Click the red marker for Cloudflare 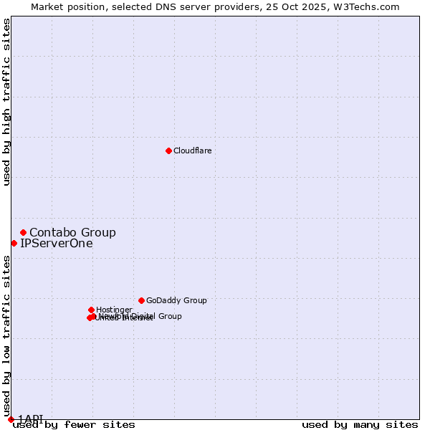pos(168,150)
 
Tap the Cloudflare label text pos(192,150)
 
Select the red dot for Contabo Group pos(23,232)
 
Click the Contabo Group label pos(72,232)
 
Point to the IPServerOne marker pos(14,243)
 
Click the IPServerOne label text pos(56,243)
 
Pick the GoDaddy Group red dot pos(141,300)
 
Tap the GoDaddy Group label pos(176,300)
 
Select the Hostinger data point pos(91,310)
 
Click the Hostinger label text pos(114,310)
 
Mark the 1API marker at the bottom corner pos(11,419)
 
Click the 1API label pos(30,419)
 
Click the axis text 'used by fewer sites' pos(74,425)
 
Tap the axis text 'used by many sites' pos(360,425)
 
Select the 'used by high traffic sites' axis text pos(7,102)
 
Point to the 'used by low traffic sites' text pos(7,331)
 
